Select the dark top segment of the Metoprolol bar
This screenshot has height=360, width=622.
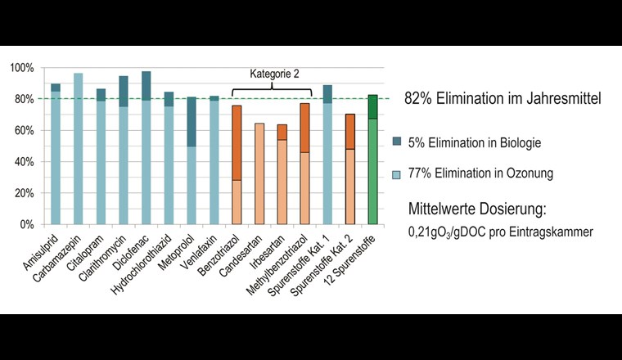pyautogui.click(x=192, y=122)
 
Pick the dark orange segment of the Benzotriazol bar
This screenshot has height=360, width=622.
pyautogui.click(x=237, y=142)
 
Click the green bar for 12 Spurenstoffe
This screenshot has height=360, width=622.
pyautogui.click(x=372, y=164)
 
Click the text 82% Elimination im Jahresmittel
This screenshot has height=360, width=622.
pyautogui.click(x=503, y=99)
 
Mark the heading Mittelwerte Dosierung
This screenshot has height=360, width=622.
pyautogui.click(x=498, y=208)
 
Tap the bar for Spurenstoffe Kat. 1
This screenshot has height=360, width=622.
pyautogui.click(x=327, y=160)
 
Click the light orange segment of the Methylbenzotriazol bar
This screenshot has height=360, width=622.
pyautogui.click(x=304, y=188)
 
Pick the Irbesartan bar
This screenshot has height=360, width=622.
pyautogui.click(x=282, y=176)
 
